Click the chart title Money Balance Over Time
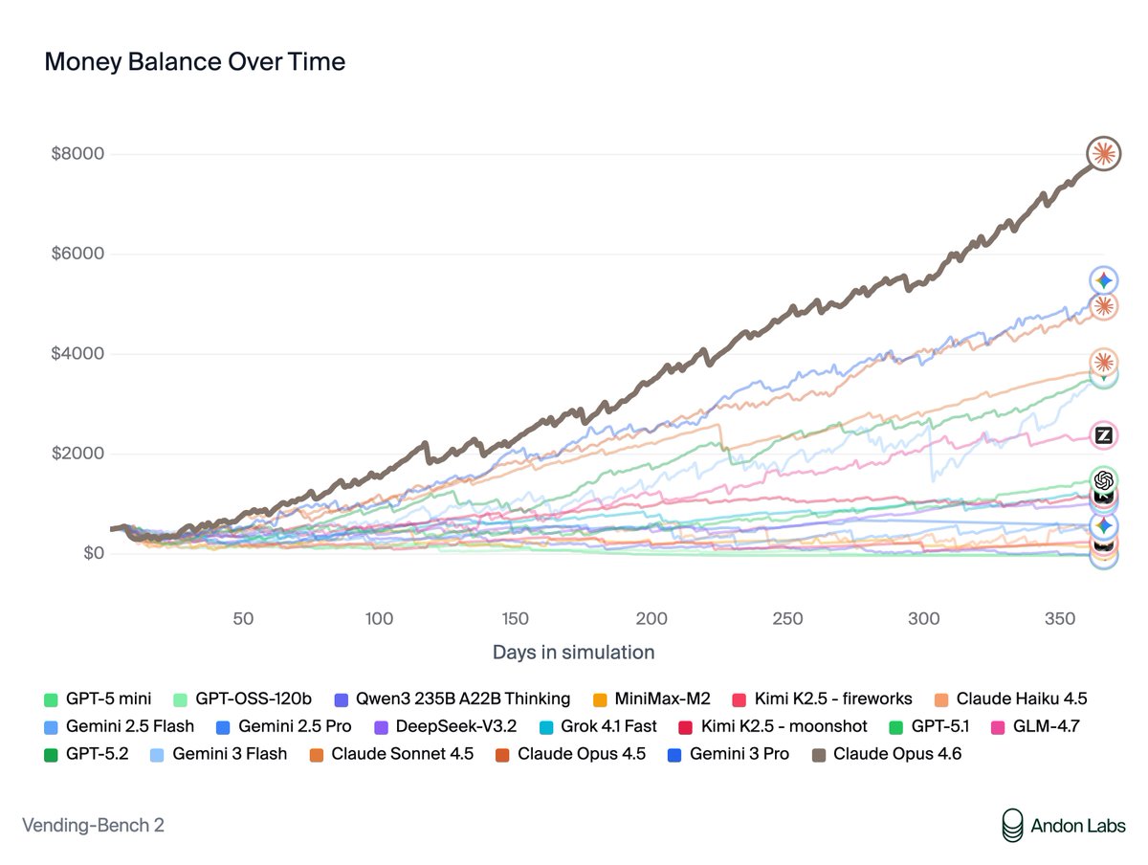click(x=194, y=62)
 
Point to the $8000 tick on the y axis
click(x=77, y=154)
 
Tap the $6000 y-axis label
click(x=77, y=255)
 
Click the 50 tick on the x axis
click(x=243, y=618)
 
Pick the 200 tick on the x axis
click(x=652, y=618)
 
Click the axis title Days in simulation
click(x=573, y=653)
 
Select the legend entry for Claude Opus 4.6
click(x=886, y=754)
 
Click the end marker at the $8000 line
click(x=1103, y=153)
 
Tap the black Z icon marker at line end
click(x=1103, y=435)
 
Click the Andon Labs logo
click(x=1063, y=825)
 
